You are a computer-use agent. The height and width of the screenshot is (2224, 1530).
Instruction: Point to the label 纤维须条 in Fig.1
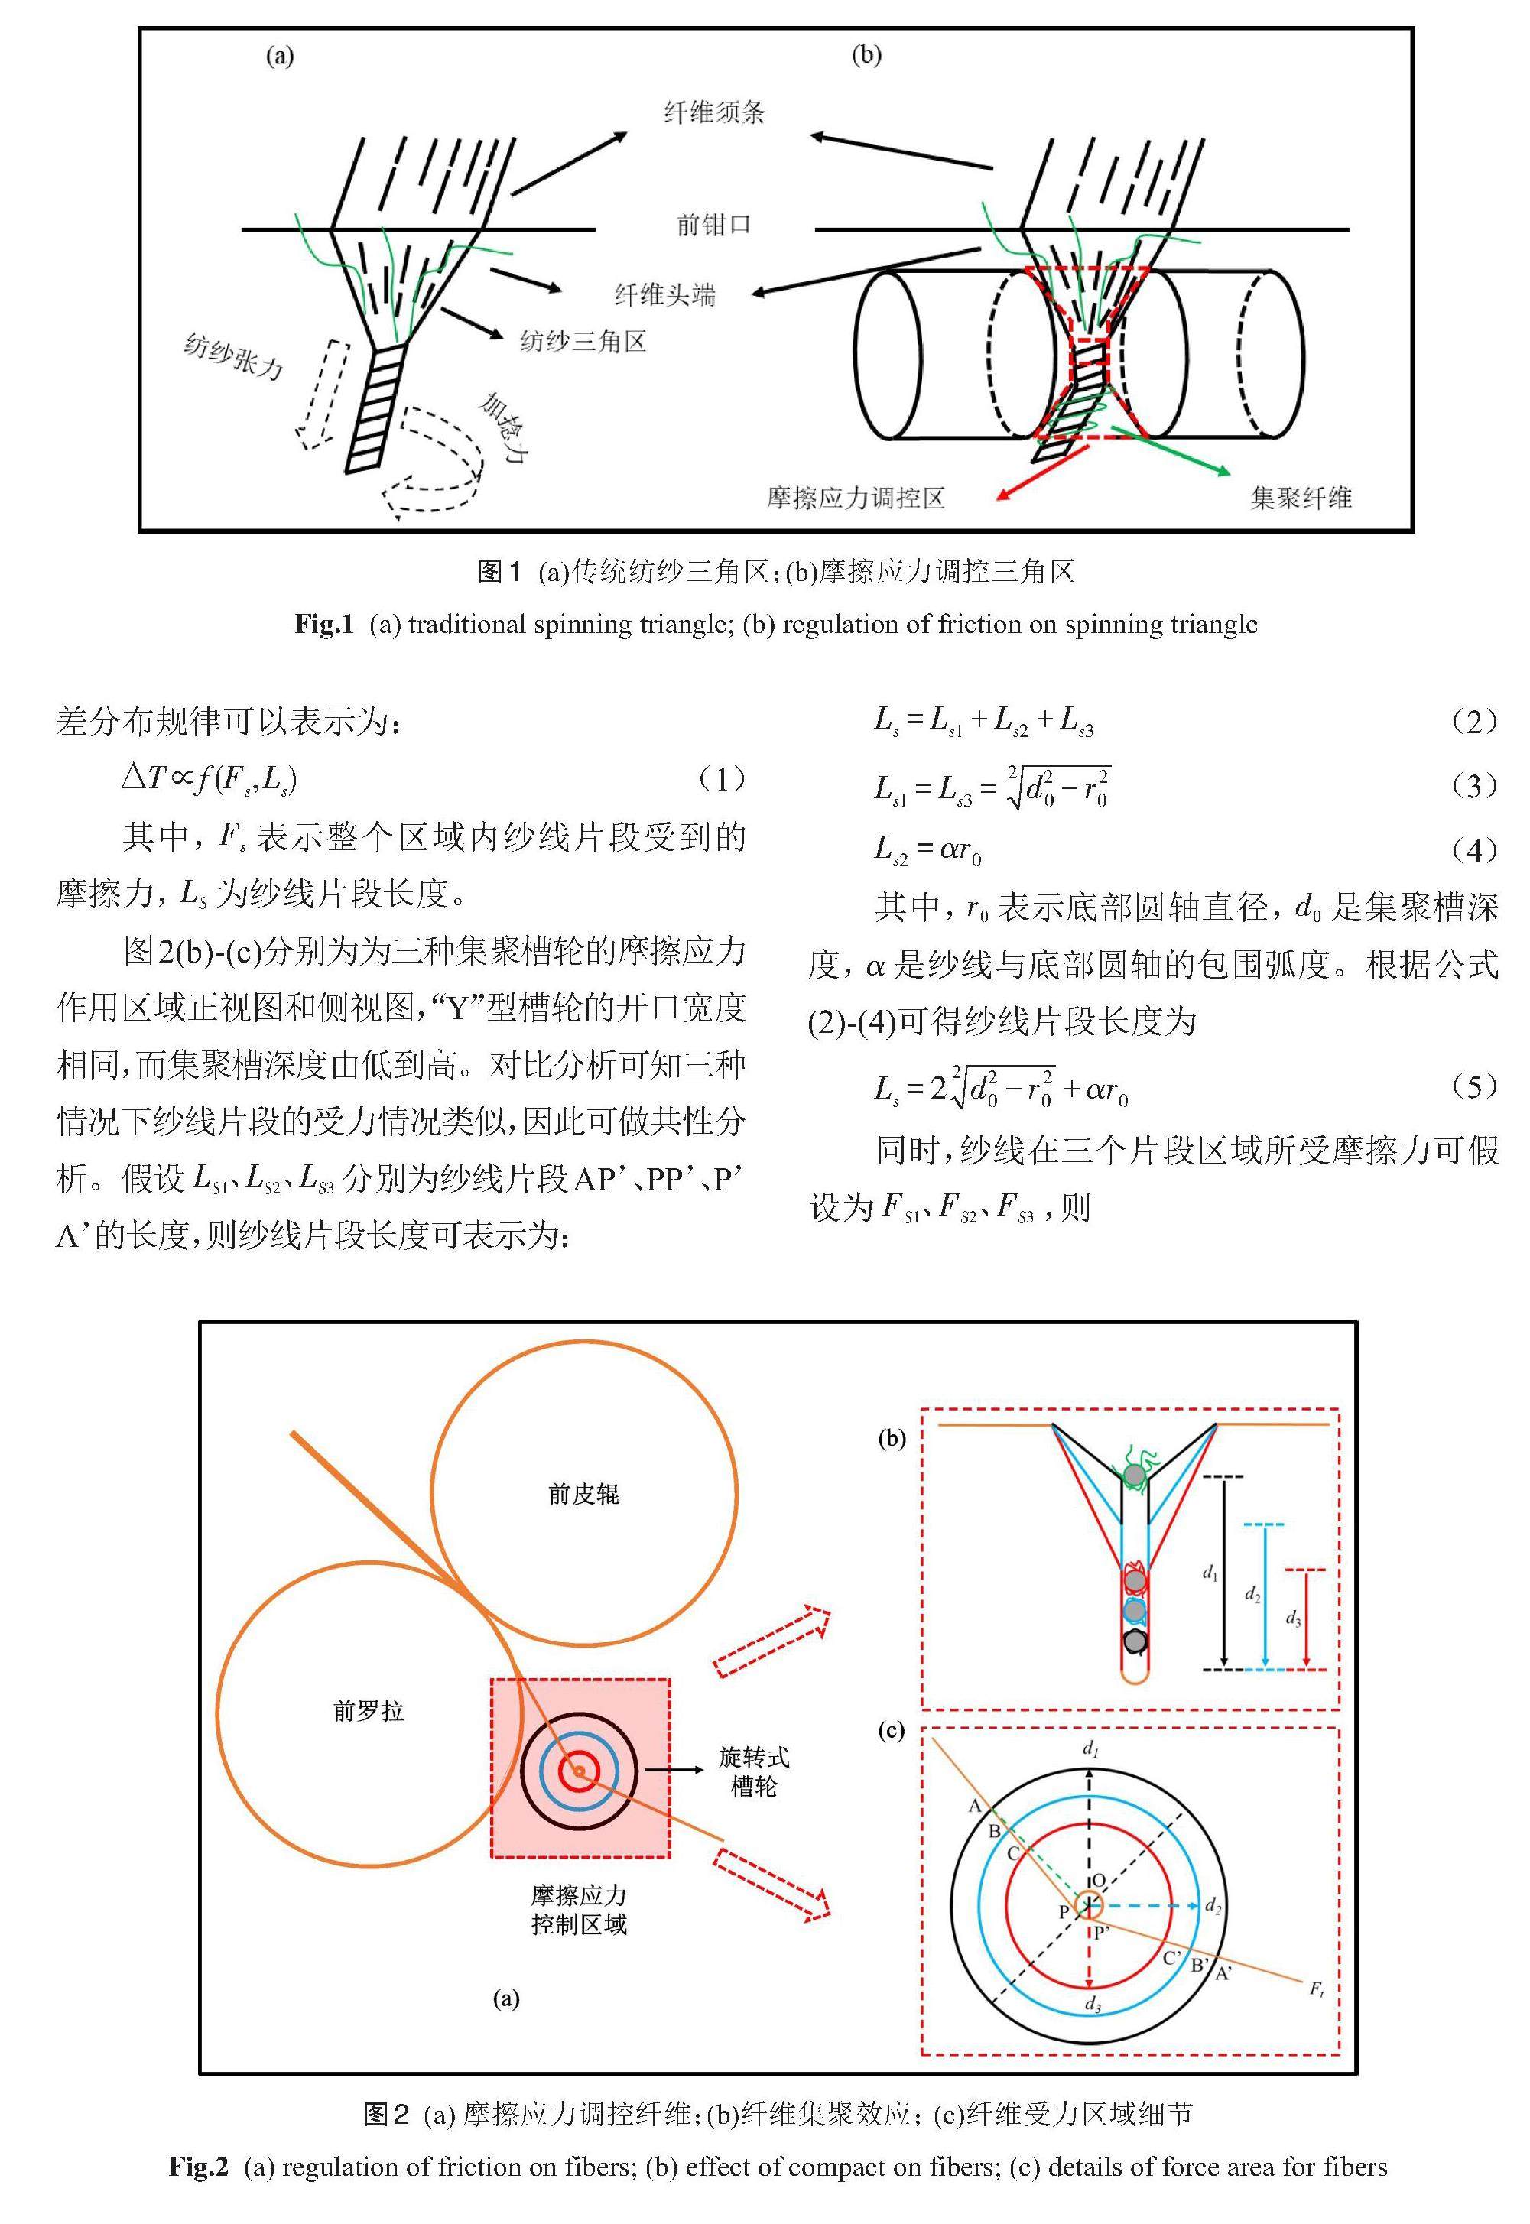pyautogui.click(x=714, y=113)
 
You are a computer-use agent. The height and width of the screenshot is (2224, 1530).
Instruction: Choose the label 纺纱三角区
pyautogui.click(x=583, y=340)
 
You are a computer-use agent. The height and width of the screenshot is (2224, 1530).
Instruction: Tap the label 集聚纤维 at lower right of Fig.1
pyautogui.click(x=1301, y=498)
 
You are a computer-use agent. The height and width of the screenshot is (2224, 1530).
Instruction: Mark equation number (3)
pyautogui.click(x=1474, y=787)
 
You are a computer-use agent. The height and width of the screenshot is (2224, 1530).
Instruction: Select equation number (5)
pyautogui.click(x=1474, y=1086)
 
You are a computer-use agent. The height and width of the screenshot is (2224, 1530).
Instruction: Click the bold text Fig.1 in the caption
pyautogui.click(x=324, y=625)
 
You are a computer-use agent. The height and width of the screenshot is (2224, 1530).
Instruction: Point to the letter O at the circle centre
pyautogui.click(x=1099, y=1881)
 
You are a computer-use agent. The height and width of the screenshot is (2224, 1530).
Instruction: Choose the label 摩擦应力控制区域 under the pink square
pyautogui.click(x=579, y=1910)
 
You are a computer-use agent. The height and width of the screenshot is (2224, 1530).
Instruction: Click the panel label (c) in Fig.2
pyautogui.click(x=892, y=1730)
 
